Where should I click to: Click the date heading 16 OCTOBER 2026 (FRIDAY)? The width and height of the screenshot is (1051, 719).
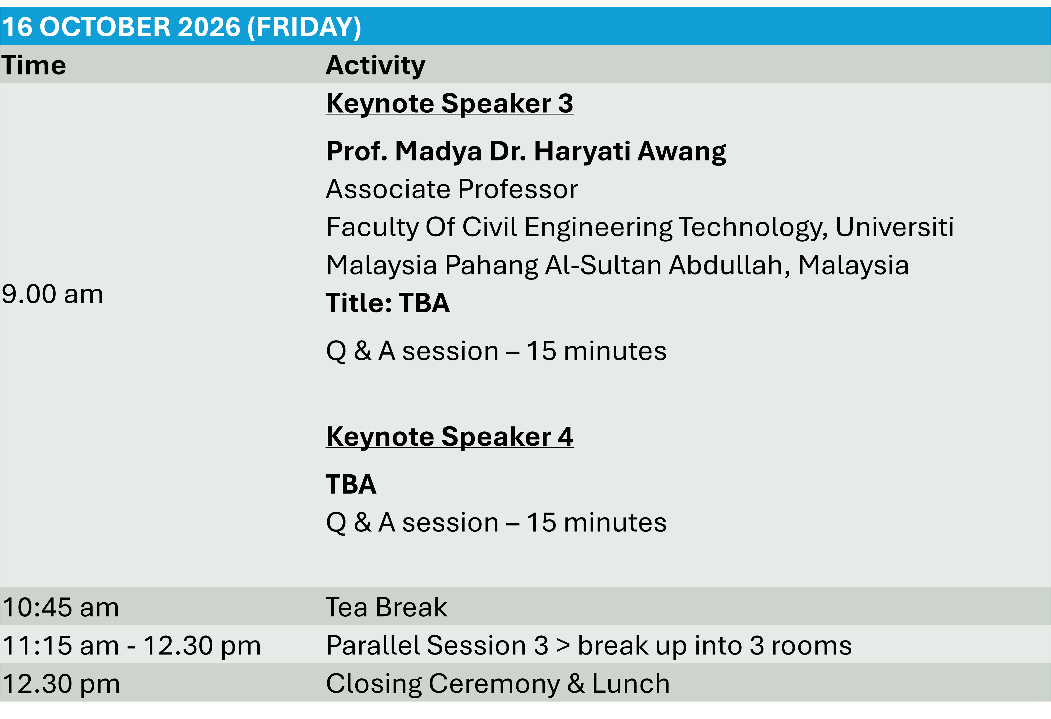[x=181, y=27]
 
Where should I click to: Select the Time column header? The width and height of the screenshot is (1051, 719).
[x=34, y=65]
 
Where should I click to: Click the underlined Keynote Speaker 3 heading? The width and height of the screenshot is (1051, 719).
[x=449, y=103]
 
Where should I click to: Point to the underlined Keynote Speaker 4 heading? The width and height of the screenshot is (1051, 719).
[x=449, y=437]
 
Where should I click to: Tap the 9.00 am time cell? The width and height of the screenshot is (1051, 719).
[x=52, y=294]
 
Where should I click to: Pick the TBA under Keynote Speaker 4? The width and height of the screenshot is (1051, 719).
[x=351, y=484]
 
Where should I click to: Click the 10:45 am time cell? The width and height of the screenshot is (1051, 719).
[x=60, y=607]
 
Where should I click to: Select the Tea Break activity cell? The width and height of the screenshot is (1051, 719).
[x=386, y=607]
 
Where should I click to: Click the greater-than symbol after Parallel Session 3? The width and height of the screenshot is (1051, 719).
[x=563, y=646]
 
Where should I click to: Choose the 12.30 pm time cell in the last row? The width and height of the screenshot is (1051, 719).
[x=61, y=684]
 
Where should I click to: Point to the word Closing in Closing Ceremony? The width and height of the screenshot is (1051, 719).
[x=374, y=684]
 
